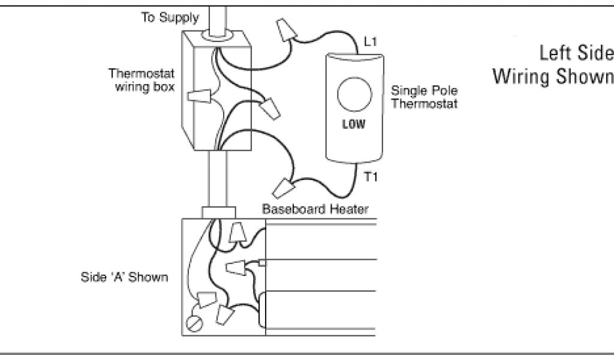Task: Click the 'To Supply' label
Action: [170, 17]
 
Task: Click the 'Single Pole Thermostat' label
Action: [424, 97]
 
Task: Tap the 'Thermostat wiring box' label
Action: [142, 80]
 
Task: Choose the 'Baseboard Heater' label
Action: [315, 209]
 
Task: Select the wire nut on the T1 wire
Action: [282, 187]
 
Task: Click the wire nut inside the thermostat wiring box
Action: [200, 96]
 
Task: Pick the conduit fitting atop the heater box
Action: [218, 212]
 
